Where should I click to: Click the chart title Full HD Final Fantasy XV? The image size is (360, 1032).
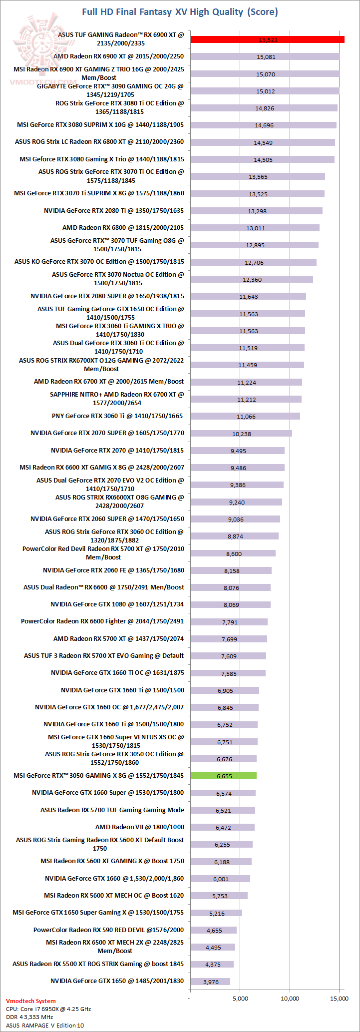coord(180,11)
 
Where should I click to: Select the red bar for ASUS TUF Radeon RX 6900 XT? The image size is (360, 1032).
coord(267,39)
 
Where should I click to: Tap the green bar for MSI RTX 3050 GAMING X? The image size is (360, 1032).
coord(223,776)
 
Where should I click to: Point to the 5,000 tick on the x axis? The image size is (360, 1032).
coord(240,999)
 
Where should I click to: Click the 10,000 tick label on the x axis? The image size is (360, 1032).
coord(290,999)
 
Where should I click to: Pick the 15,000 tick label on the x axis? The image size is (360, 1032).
coord(340,999)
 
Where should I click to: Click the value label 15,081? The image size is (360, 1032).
coord(266,57)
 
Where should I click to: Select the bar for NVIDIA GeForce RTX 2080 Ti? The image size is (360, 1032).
coord(256,211)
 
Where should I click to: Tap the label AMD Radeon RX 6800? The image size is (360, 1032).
coord(123,228)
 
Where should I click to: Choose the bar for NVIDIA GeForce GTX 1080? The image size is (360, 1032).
coord(230,604)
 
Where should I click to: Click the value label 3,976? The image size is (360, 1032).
coord(211,982)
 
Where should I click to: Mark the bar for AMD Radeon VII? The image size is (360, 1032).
coord(222,827)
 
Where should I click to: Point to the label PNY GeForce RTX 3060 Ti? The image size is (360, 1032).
coord(117,416)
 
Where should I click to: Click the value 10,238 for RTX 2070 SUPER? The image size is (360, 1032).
coord(242,434)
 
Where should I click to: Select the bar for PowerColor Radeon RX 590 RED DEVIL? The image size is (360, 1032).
coord(213,930)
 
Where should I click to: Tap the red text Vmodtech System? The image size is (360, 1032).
coord(31,1001)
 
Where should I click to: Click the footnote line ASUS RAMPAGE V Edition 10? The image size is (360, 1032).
coord(45,1026)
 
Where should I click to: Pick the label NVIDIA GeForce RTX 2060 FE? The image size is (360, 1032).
coord(113,570)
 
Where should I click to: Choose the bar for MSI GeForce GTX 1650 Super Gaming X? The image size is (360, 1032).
coord(216,913)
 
